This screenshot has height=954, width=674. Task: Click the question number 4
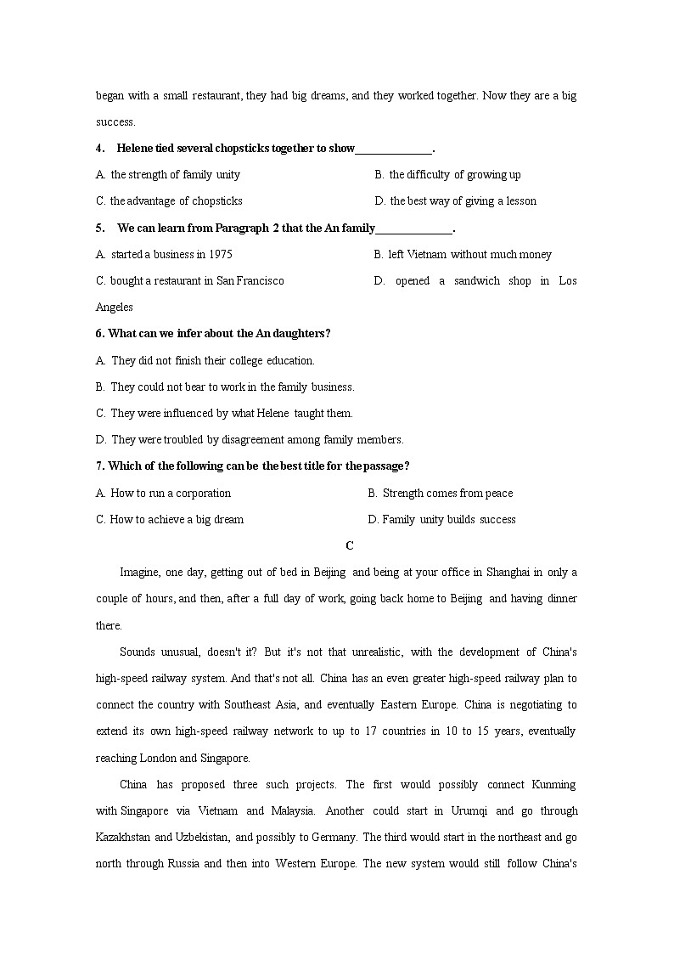(x=100, y=149)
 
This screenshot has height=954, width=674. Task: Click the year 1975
(x=219, y=255)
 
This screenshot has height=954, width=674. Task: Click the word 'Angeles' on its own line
(x=115, y=308)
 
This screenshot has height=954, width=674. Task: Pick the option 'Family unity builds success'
(x=441, y=520)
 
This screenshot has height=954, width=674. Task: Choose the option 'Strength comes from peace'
(x=441, y=494)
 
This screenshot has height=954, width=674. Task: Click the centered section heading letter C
(x=350, y=546)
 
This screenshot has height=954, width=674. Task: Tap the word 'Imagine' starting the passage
(x=139, y=573)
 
